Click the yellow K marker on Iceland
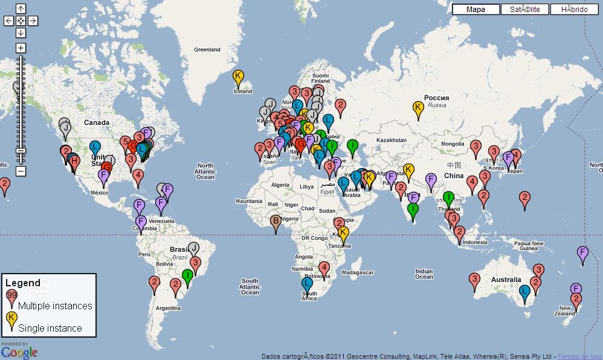(238, 77)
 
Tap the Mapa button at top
(476, 9)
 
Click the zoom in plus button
(21, 48)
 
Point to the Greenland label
(207, 50)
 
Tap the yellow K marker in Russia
(418, 108)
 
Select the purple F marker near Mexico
(103, 176)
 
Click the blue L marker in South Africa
(307, 283)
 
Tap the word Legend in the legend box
(23, 283)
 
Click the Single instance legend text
(50, 328)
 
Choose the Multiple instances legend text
(55, 306)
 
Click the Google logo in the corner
(19, 352)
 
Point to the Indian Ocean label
(424, 274)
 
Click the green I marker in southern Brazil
(187, 276)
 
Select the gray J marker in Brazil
(193, 248)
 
